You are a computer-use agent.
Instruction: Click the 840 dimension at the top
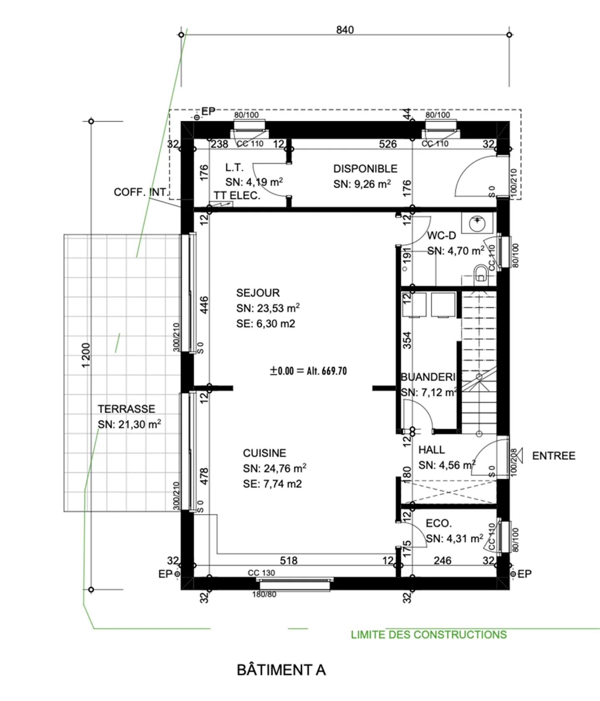point(345,30)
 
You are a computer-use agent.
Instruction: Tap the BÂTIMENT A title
point(281,670)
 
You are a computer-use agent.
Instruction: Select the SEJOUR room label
point(257,293)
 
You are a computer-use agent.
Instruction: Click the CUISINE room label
point(264,453)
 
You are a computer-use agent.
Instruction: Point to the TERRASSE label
point(126,409)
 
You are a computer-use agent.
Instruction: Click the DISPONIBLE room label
point(365,169)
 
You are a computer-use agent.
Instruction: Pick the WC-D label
point(441,236)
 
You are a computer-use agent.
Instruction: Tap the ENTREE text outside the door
point(553,456)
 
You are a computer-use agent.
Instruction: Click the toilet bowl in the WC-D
point(481,274)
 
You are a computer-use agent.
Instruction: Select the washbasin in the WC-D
point(477,224)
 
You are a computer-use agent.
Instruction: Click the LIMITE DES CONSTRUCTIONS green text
point(428,635)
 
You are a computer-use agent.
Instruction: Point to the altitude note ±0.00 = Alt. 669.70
point(308,371)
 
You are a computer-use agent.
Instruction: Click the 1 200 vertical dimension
point(86,355)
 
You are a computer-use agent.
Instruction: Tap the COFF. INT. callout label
point(140,192)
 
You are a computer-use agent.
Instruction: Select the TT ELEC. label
point(237,196)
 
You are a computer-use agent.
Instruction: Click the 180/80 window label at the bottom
point(264,594)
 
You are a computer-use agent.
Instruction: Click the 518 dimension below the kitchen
point(288,561)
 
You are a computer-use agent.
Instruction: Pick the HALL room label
point(431,450)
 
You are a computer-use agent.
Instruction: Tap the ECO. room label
point(438,523)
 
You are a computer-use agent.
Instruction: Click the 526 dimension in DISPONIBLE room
point(387,144)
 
